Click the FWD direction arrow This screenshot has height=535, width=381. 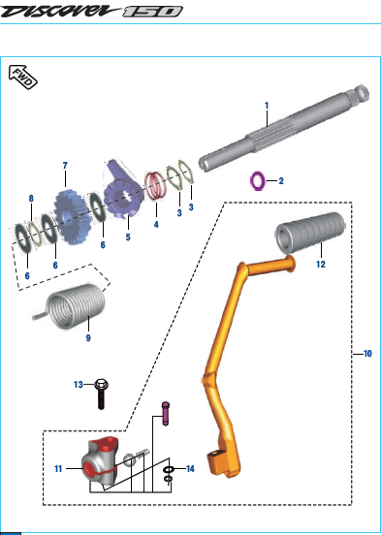coord(22,77)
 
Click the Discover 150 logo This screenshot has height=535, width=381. coord(91,12)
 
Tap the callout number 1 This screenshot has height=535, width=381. coord(267,106)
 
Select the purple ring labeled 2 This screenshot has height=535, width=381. coord(258,181)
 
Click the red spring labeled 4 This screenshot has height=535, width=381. coord(155,186)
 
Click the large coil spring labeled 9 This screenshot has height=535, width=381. coord(72,306)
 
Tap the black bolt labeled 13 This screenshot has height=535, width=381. coord(101,393)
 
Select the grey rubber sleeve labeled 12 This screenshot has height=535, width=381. coord(310,233)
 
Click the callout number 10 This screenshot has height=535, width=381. coord(367,354)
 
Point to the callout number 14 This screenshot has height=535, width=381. coord(190,469)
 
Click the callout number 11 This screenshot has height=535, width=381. coord(58,469)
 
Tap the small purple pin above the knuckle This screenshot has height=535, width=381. coord(165,414)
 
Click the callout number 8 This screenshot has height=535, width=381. coord(31,199)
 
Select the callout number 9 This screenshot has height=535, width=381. coord(88,338)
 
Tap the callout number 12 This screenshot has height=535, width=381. coord(321,264)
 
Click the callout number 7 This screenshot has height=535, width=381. coord(65,166)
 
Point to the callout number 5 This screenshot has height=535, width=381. coord(128,237)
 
